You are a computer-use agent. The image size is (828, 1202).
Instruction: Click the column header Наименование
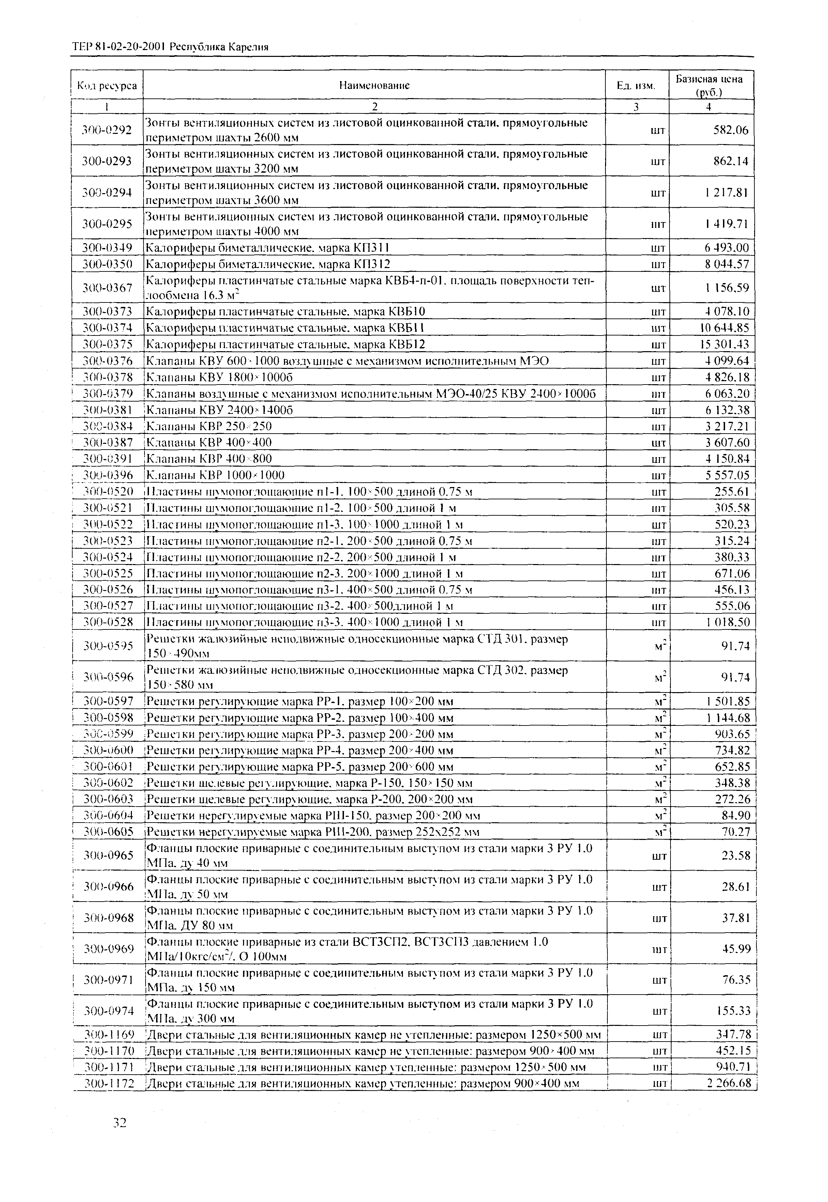point(374,85)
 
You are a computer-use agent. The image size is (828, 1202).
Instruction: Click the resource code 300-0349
point(107,248)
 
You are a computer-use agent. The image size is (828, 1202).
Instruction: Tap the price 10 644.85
point(723,328)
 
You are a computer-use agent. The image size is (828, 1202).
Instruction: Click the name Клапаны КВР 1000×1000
point(216,475)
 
